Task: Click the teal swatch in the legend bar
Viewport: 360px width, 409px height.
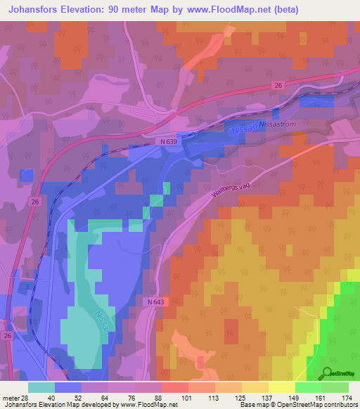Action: coord(41,387)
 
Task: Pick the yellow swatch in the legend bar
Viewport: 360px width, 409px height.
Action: coord(282,387)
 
